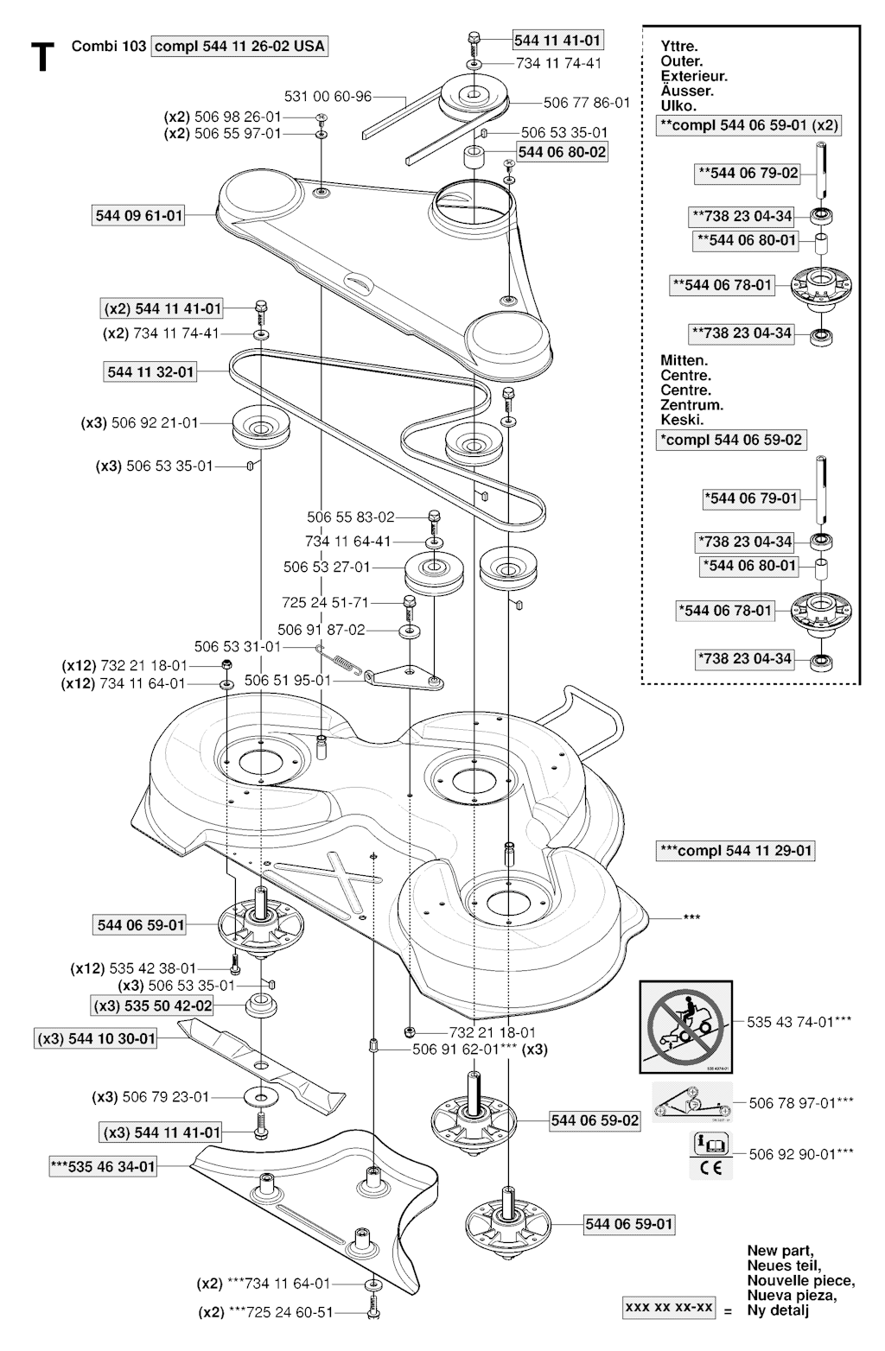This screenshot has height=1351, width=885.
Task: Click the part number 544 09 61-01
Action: pos(138,215)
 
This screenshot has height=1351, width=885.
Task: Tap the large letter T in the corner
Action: pos(39,57)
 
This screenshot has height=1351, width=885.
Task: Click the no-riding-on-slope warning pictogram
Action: pos(686,1021)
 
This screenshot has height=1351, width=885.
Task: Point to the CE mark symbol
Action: pos(710,1170)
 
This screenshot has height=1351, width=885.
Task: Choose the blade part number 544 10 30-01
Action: pos(96,1038)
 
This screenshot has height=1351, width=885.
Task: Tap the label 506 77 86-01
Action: pos(586,103)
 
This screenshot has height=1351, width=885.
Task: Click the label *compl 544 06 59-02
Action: pos(731,440)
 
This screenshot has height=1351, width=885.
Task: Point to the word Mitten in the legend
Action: pos(684,360)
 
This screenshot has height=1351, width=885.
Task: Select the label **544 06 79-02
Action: pos(748,174)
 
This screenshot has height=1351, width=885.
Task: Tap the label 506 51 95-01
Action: pos(287,681)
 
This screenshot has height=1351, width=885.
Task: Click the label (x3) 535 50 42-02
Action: pos(152,1006)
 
